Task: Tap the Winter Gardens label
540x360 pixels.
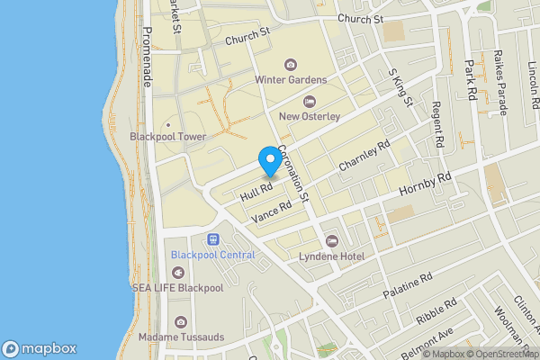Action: point(290,79)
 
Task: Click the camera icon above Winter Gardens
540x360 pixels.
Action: point(290,63)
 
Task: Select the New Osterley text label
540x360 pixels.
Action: point(310,116)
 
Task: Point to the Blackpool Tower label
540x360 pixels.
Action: point(168,137)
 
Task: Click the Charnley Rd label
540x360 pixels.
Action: point(364,156)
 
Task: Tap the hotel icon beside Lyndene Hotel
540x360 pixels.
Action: point(332,241)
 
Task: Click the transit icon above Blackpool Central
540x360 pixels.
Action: point(213,240)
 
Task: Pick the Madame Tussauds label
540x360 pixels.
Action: point(181,337)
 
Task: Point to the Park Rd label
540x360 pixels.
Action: point(469,79)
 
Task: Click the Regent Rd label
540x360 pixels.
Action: point(437,125)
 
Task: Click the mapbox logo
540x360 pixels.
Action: point(40,348)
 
